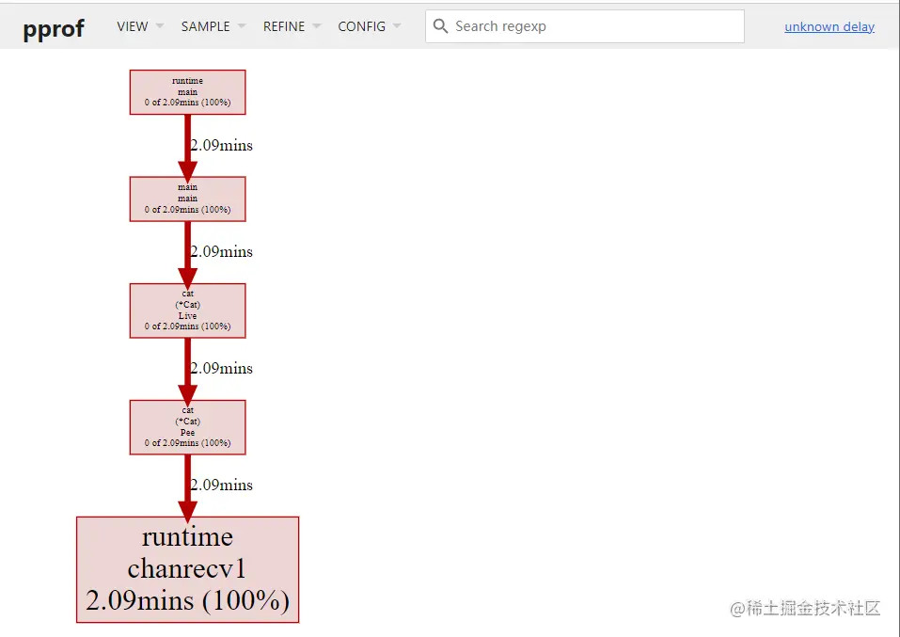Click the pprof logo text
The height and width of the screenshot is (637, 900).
click(54, 27)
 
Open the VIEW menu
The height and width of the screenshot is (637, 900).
click(139, 26)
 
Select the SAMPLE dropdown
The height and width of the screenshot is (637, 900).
click(213, 26)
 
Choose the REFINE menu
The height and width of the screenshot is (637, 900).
click(291, 26)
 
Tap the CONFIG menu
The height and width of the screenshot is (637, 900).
click(369, 26)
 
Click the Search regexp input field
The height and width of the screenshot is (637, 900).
click(592, 26)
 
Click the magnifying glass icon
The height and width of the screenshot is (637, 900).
click(440, 26)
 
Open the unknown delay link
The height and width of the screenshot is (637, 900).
click(829, 26)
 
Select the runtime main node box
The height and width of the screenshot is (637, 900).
click(187, 92)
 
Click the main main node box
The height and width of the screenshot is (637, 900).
click(187, 199)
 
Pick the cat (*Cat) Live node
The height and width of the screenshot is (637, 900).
click(187, 310)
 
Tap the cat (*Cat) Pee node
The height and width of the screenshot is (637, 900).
click(187, 426)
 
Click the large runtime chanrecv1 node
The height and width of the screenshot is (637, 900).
click(187, 569)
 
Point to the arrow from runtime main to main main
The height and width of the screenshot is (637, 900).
click(187, 146)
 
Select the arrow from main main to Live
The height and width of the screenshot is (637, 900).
click(187, 252)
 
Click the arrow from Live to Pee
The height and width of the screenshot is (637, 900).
click(187, 369)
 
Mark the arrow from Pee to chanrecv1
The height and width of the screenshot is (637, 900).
click(187, 486)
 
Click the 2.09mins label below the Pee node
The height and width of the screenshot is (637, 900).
click(222, 486)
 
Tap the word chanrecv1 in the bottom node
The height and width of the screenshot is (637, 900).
click(187, 568)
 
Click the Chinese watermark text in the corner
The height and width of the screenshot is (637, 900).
click(806, 608)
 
